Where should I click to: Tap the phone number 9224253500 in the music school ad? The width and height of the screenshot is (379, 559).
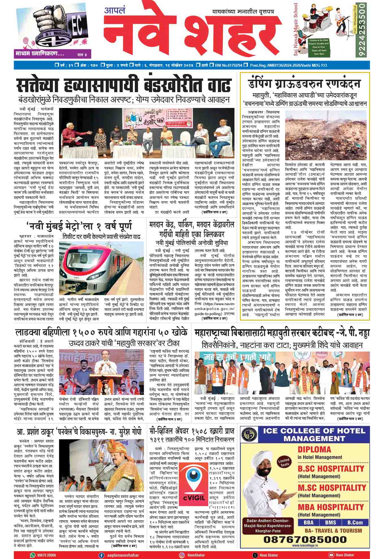click(x=363, y=30)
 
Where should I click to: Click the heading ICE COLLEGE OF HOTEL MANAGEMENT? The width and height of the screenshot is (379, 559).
click(x=314, y=435)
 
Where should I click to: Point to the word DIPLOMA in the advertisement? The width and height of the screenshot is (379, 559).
click(x=314, y=450)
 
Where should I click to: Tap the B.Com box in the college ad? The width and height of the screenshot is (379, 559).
click(x=355, y=523)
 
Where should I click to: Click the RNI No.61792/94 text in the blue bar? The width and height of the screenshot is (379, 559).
click(x=228, y=65)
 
